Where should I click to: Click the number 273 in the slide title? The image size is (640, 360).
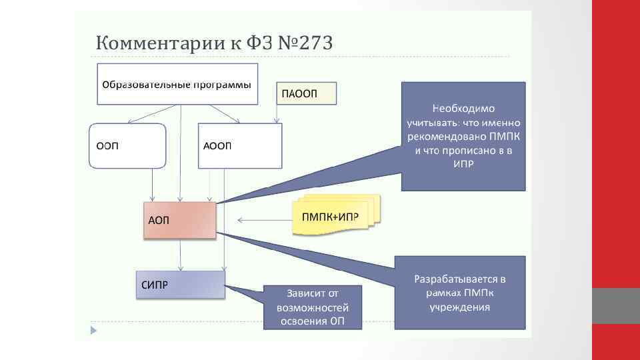coord(311,44)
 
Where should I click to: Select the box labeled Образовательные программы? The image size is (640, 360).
coord(177,85)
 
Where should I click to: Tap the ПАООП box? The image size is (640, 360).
coord(307,93)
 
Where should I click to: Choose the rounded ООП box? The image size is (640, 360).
coord(127,145)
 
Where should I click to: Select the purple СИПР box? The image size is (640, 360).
coord(180,284)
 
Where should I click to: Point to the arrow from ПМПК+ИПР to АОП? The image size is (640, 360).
coord(263,220)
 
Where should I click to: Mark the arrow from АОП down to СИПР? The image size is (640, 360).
coord(181,254)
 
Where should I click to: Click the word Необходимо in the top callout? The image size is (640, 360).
coord(463,108)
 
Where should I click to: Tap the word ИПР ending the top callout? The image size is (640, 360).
coord(463,164)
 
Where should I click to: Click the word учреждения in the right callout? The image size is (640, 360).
coord(460,307)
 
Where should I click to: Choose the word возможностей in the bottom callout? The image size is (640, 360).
coord(313,308)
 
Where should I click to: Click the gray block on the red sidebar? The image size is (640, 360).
coord(616,306)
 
